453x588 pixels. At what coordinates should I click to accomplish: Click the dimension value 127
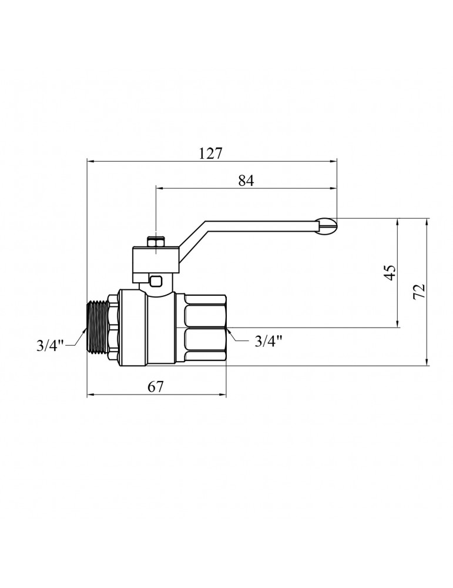click(x=210, y=153)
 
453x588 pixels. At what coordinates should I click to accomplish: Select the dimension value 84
click(x=246, y=181)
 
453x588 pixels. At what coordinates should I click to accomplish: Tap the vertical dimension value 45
click(x=390, y=273)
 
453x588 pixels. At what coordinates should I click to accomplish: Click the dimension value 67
click(x=156, y=386)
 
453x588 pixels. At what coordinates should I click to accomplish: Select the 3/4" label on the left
click(x=51, y=345)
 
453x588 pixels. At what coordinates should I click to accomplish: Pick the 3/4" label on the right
click(x=269, y=341)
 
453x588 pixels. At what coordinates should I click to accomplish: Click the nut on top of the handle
click(x=156, y=241)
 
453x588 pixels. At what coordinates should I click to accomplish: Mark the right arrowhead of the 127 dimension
click(x=334, y=162)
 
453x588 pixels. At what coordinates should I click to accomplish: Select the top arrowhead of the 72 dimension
click(x=427, y=222)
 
